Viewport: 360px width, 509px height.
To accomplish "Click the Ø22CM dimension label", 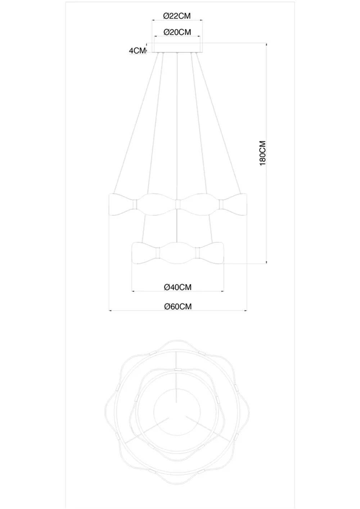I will pos(176,16).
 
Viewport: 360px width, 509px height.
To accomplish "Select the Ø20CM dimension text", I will pos(177,32).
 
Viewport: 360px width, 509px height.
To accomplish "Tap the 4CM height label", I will pos(137,51).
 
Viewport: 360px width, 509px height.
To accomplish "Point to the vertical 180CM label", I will pos(263,153).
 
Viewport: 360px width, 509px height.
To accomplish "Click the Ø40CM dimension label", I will pos(177,287).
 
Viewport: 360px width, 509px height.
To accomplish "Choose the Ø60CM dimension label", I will pos(178,306).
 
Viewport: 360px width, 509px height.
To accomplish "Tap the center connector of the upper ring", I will pos(177,204).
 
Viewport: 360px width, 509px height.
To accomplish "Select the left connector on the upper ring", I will pos(135,204).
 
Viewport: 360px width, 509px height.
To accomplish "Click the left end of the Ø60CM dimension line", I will pos(109,310).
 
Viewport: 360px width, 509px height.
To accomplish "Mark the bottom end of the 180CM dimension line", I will pos(266,263).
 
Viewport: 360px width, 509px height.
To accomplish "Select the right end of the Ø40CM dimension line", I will pos(223,291).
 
